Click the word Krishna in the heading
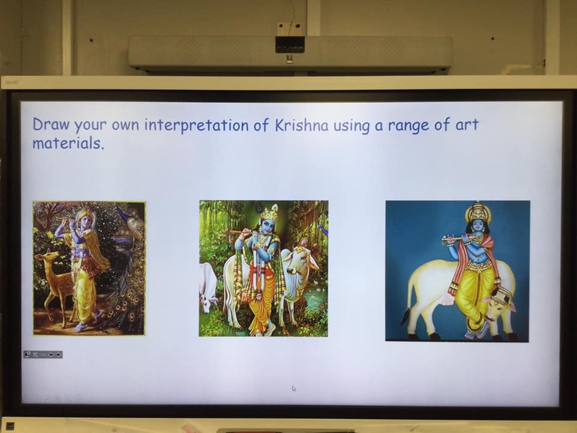301,125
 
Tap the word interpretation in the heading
197,126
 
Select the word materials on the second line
68,143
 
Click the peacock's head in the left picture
118,210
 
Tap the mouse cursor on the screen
294,388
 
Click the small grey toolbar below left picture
43,354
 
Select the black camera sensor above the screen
290,44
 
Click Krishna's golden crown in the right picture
478,212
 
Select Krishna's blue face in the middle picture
267,226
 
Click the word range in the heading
409,126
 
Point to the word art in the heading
467,125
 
